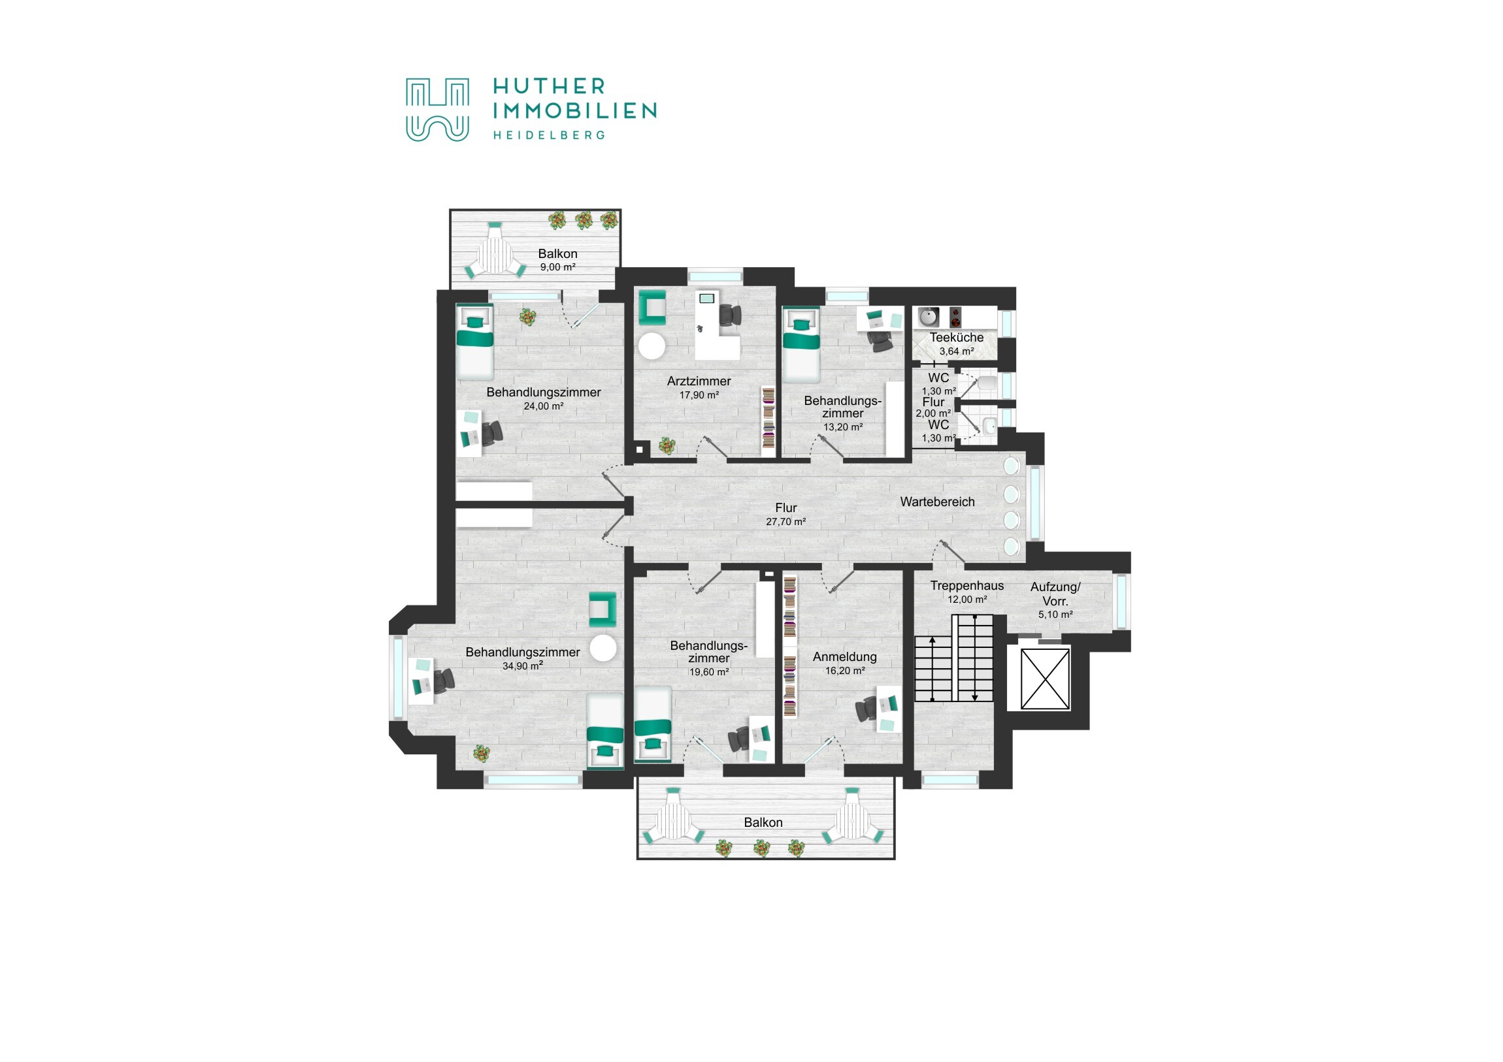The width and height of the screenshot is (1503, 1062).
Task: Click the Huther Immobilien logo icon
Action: pyautogui.click(x=437, y=110)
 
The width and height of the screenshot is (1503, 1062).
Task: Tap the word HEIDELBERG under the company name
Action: pyautogui.click(x=548, y=135)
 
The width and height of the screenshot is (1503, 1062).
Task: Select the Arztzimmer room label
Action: pyautogui.click(x=699, y=381)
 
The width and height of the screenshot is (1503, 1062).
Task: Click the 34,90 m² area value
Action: pyautogui.click(x=522, y=666)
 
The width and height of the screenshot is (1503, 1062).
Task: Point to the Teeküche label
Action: pyautogui.click(x=957, y=338)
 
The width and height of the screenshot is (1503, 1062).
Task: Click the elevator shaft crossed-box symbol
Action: pyautogui.click(x=1046, y=679)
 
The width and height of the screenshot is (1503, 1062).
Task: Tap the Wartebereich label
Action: pyautogui.click(x=937, y=502)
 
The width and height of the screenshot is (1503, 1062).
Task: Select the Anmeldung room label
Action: pyautogui.click(x=844, y=657)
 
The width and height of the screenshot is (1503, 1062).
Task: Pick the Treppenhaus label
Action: pyautogui.click(x=967, y=586)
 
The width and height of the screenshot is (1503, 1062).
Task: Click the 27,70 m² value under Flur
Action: pyautogui.click(x=785, y=521)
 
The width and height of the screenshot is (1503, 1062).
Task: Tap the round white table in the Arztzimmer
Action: pyautogui.click(x=652, y=346)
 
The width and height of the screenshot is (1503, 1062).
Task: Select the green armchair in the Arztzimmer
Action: pyautogui.click(x=652, y=307)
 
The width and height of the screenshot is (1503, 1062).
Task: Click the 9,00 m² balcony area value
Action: pyautogui.click(x=557, y=267)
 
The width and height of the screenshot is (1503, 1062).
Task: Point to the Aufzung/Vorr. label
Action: pyautogui.click(x=1055, y=594)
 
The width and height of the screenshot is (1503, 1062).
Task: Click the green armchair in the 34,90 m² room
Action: pyautogui.click(x=603, y=609)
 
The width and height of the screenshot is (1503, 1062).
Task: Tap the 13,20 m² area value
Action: pyautogui.click(x=842, y=426)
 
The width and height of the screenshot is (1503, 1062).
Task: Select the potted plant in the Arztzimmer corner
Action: pyautogui.click(x=667, y=445)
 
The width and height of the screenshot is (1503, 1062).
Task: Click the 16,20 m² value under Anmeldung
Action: pyautogui.click(x=844, y=671)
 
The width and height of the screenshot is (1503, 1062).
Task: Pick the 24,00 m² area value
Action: pyautogui.click(x=543, y=406)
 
